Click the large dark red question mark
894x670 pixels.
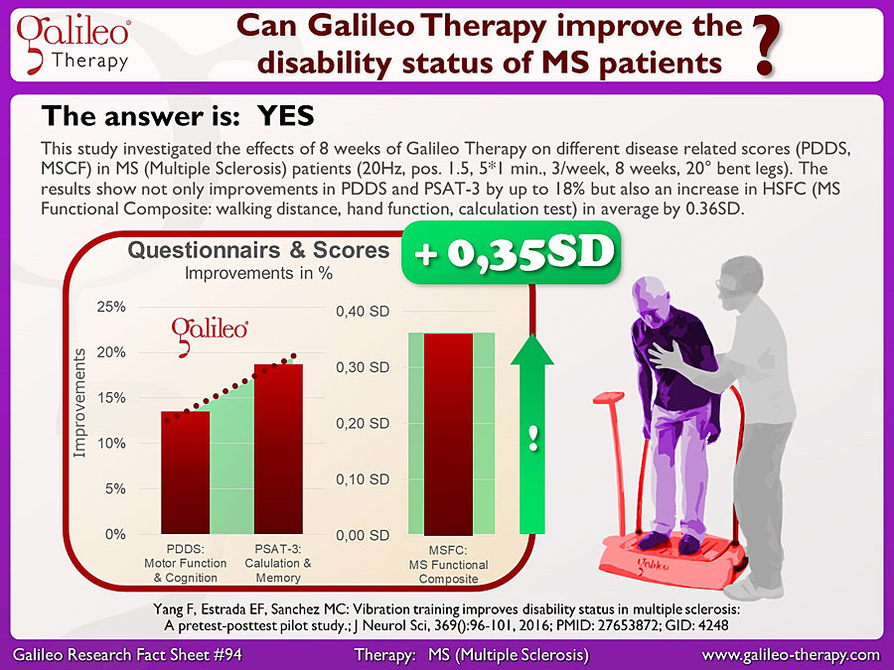point(767,47)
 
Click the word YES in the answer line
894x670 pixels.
point(286,116)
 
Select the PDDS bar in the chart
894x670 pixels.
point(186,472)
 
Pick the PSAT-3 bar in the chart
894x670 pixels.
point(278,449)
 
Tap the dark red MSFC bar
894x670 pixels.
point(448,434)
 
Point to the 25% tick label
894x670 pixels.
point(111,307)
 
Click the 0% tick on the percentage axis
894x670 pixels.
point(115,534)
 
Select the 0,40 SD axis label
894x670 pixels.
point(363,311)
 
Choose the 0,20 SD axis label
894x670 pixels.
point(363,423)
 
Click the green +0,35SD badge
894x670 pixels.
point(512,252)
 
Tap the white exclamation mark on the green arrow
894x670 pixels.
point(533,438)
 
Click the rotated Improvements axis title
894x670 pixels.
point(79,403)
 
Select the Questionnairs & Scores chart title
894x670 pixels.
point(258,250)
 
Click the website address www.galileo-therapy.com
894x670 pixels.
point(791,655)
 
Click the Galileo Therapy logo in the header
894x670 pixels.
point(73,45)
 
